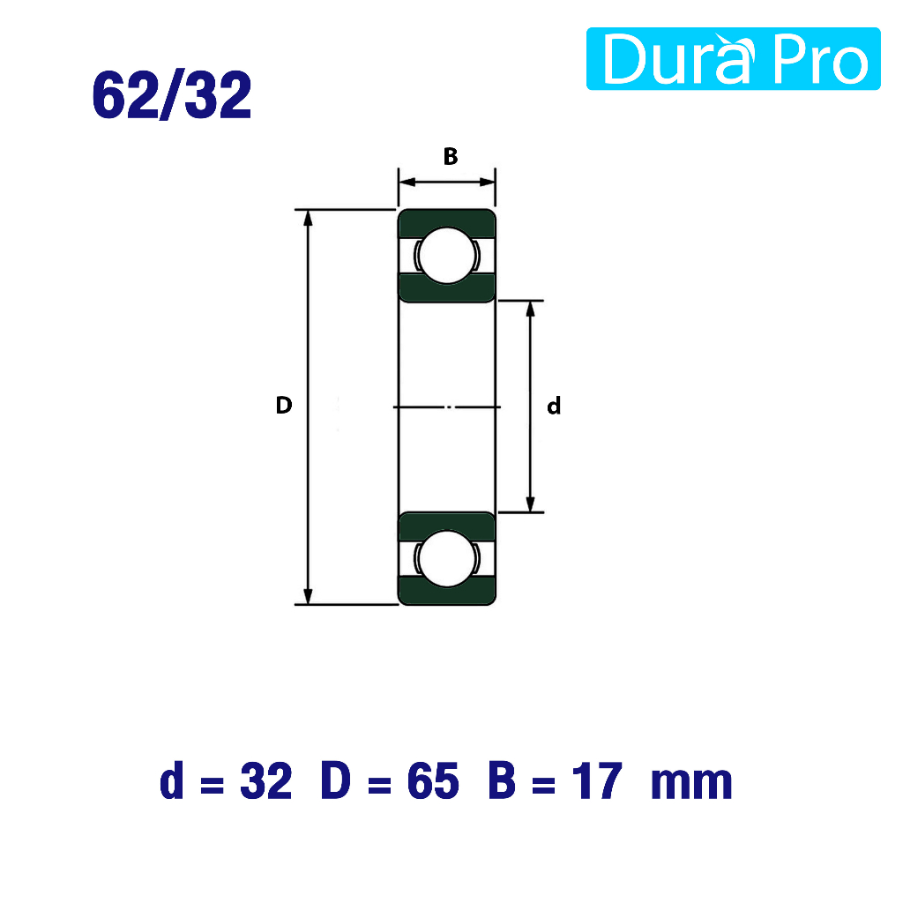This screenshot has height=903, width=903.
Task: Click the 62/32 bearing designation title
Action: [x=172, y=95]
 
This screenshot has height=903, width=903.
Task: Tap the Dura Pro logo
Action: [x=733, y=59]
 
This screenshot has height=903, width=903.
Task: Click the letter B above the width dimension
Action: [x=451, y=156]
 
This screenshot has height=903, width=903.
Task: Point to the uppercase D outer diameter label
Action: [x=284, y=406]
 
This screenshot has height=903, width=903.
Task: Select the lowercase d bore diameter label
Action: [x=554, y=406]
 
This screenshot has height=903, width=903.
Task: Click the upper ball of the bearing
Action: [x=447, y=256]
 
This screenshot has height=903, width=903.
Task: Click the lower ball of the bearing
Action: [x=447, y=558]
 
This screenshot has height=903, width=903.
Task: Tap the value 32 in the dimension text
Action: [x=266, y=781]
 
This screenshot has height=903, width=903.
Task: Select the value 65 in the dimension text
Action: [x=433, y=781]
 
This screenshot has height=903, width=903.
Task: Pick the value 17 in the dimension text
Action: [x=597, y=781]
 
